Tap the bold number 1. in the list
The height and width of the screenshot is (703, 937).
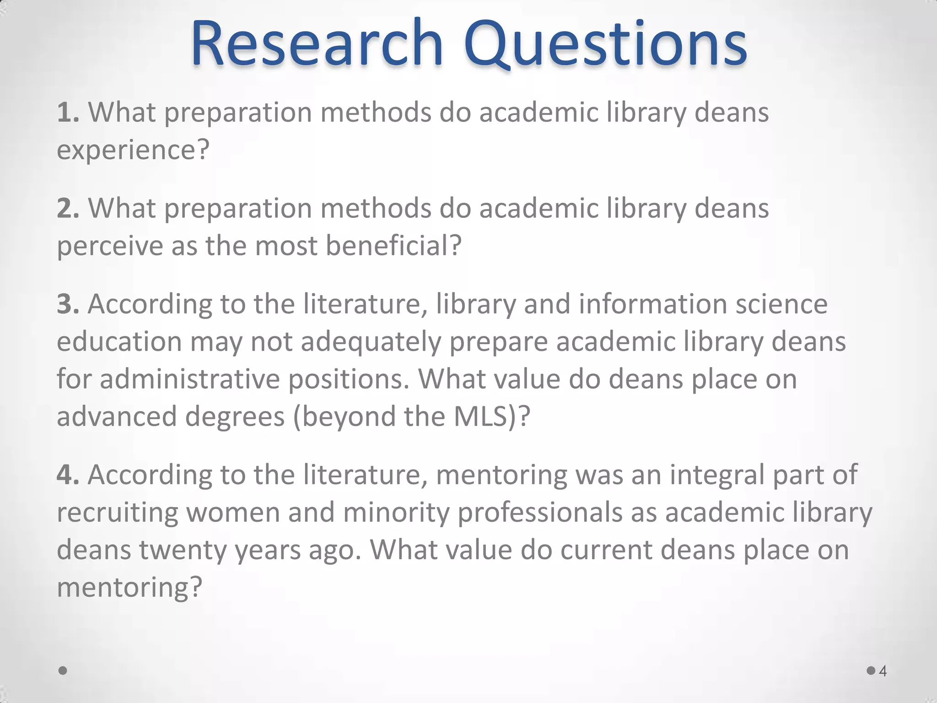pyautogui.click(x=68, y=112)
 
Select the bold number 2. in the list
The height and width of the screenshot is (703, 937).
pyautogui.click(x=68, y=208)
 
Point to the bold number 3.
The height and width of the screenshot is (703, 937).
pyautogui.click(x=68, y=304)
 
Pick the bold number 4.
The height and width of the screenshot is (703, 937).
pyautogui.click(x=68, y=475)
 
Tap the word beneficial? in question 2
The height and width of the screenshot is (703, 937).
pyautogui.click(x=393, y=246)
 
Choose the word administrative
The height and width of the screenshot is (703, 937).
pyautogui.click(x=189, y=379)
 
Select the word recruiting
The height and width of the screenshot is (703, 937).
pyautogui.click(x=118, y=513)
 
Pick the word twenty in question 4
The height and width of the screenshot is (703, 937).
pyautogui.click(x=183, y=551)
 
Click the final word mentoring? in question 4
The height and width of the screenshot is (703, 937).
pyautogui.click(x=129, y=588)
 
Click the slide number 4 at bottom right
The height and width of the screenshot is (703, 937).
pyautogui.click(x=883, y=671)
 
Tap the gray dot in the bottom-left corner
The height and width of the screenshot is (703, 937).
pyautogui.click(x=63, y=671)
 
